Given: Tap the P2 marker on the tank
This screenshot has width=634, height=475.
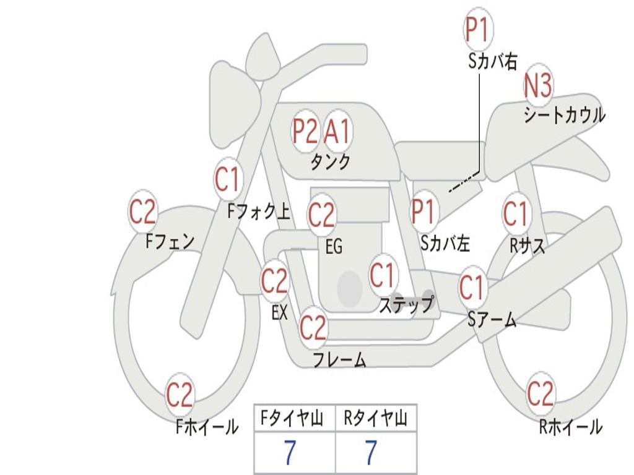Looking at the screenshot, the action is click(x=305, y=131).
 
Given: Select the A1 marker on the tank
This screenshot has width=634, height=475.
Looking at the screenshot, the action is click(x=338, y=131).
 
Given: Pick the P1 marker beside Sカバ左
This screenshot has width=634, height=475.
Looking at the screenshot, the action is click(x=425, y=211).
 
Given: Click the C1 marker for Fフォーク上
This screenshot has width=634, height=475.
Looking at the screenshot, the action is click(x=227, y=179).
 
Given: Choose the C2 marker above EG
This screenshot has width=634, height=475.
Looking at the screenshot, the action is click(x=321, y=215).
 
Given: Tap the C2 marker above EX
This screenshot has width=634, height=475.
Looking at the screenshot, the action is click(x=274, y=281).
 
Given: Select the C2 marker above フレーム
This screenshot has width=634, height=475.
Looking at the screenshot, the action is click(x=313, y=327).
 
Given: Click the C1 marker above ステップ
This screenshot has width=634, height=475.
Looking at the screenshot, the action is click(x=382, y=275).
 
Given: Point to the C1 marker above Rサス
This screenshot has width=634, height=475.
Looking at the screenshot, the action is click(x=515, y=213).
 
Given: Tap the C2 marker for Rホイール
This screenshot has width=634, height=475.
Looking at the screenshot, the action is click(x=540, y=393).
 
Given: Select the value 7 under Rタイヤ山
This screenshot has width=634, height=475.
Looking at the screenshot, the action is click(x=370, y=453).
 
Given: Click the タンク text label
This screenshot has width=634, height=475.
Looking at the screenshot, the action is click(x=330, y=161).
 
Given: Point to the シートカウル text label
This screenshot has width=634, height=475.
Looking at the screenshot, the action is click(x=564, y=115).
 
